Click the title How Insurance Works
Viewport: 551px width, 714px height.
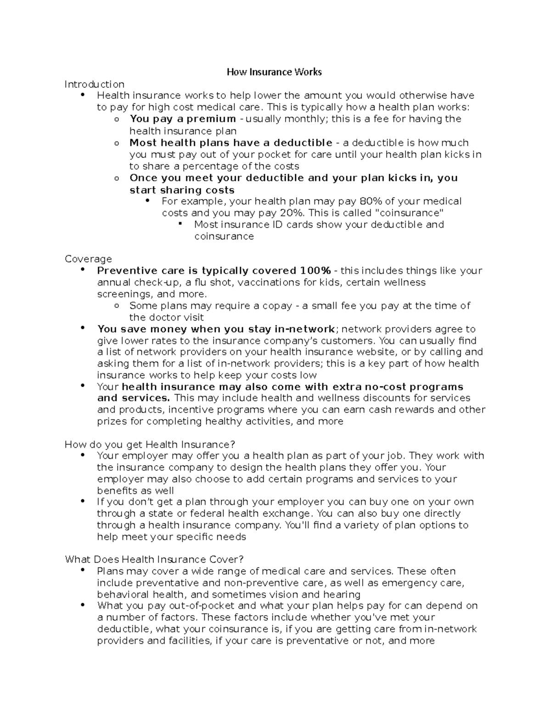click(274, 72)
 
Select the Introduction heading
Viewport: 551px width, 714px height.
click(94, 84)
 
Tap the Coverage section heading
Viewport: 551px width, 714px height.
click(88, 259)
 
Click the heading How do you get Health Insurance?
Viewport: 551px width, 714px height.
click(150, 444)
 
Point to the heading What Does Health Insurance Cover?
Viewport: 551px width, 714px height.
click(154, 560)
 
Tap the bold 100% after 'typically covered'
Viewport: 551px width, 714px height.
click(315, 270)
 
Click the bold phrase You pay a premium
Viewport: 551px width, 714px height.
click(183, 119)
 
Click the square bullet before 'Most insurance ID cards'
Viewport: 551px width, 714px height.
click(180, 224)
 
